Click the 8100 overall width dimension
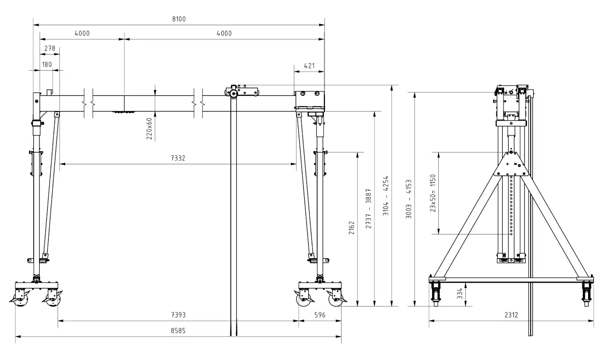click(x=179, y=19)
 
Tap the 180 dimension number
click(x=47, y=65)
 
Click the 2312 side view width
click(x=511, y=315)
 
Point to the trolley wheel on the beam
click(x=234, y=94)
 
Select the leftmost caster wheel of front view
click(x=19, y=300)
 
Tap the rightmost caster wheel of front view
click(x=335, y=300)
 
